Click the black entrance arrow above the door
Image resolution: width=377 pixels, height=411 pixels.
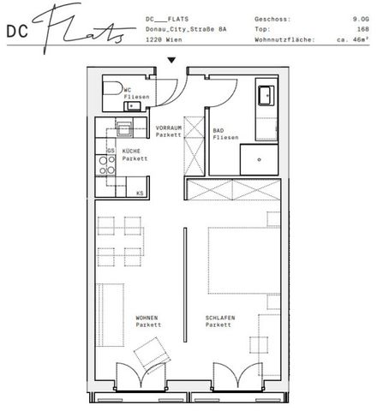click(x=172, y=60)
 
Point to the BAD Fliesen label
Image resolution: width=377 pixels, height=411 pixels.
click(x=224, y=134)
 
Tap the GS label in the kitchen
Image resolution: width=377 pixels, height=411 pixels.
click(x=111, y=150)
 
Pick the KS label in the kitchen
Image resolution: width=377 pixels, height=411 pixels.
click(x=139, y=194)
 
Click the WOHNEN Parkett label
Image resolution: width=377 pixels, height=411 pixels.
click(x=147, y=322)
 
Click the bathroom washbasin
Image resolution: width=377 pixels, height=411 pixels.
click(x=263, y=94)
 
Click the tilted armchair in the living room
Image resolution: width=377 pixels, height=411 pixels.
click(x=151, y=351)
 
